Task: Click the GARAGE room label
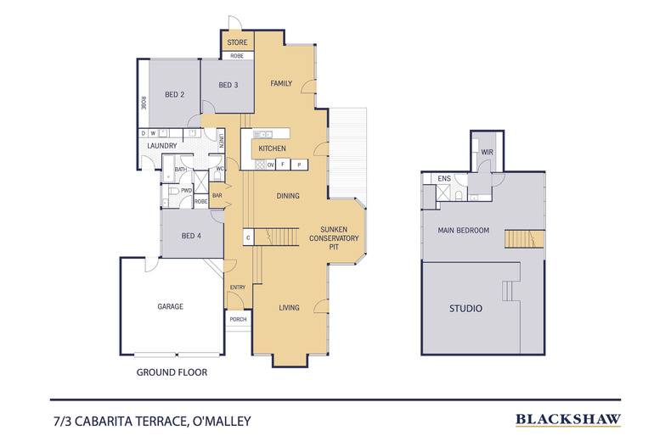(x=171, y=306)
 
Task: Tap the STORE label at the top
(x=237, y=42)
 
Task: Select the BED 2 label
(x=175, y=94)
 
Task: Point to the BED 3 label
(x=228, y=85)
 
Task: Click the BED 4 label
(x=192, y=236)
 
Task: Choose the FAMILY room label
(x=281, y=83)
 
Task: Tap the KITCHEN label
(x=272, y=148)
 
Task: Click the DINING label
(x=288, y=196)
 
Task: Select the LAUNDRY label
(x=161, y=146)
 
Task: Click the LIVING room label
(x=289, y=307)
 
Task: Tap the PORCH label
(x=238, y=320)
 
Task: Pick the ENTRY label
(x=238, y=287)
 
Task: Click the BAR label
(x=216, y=195)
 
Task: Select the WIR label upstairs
(x=487, y=153)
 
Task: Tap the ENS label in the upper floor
(x=443, y=179)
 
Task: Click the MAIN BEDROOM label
(x=463, y=230)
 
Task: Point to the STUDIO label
(x=465, y=309)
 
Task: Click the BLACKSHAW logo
(x=568, y=419)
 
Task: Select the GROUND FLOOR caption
(x=172, y=372)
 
